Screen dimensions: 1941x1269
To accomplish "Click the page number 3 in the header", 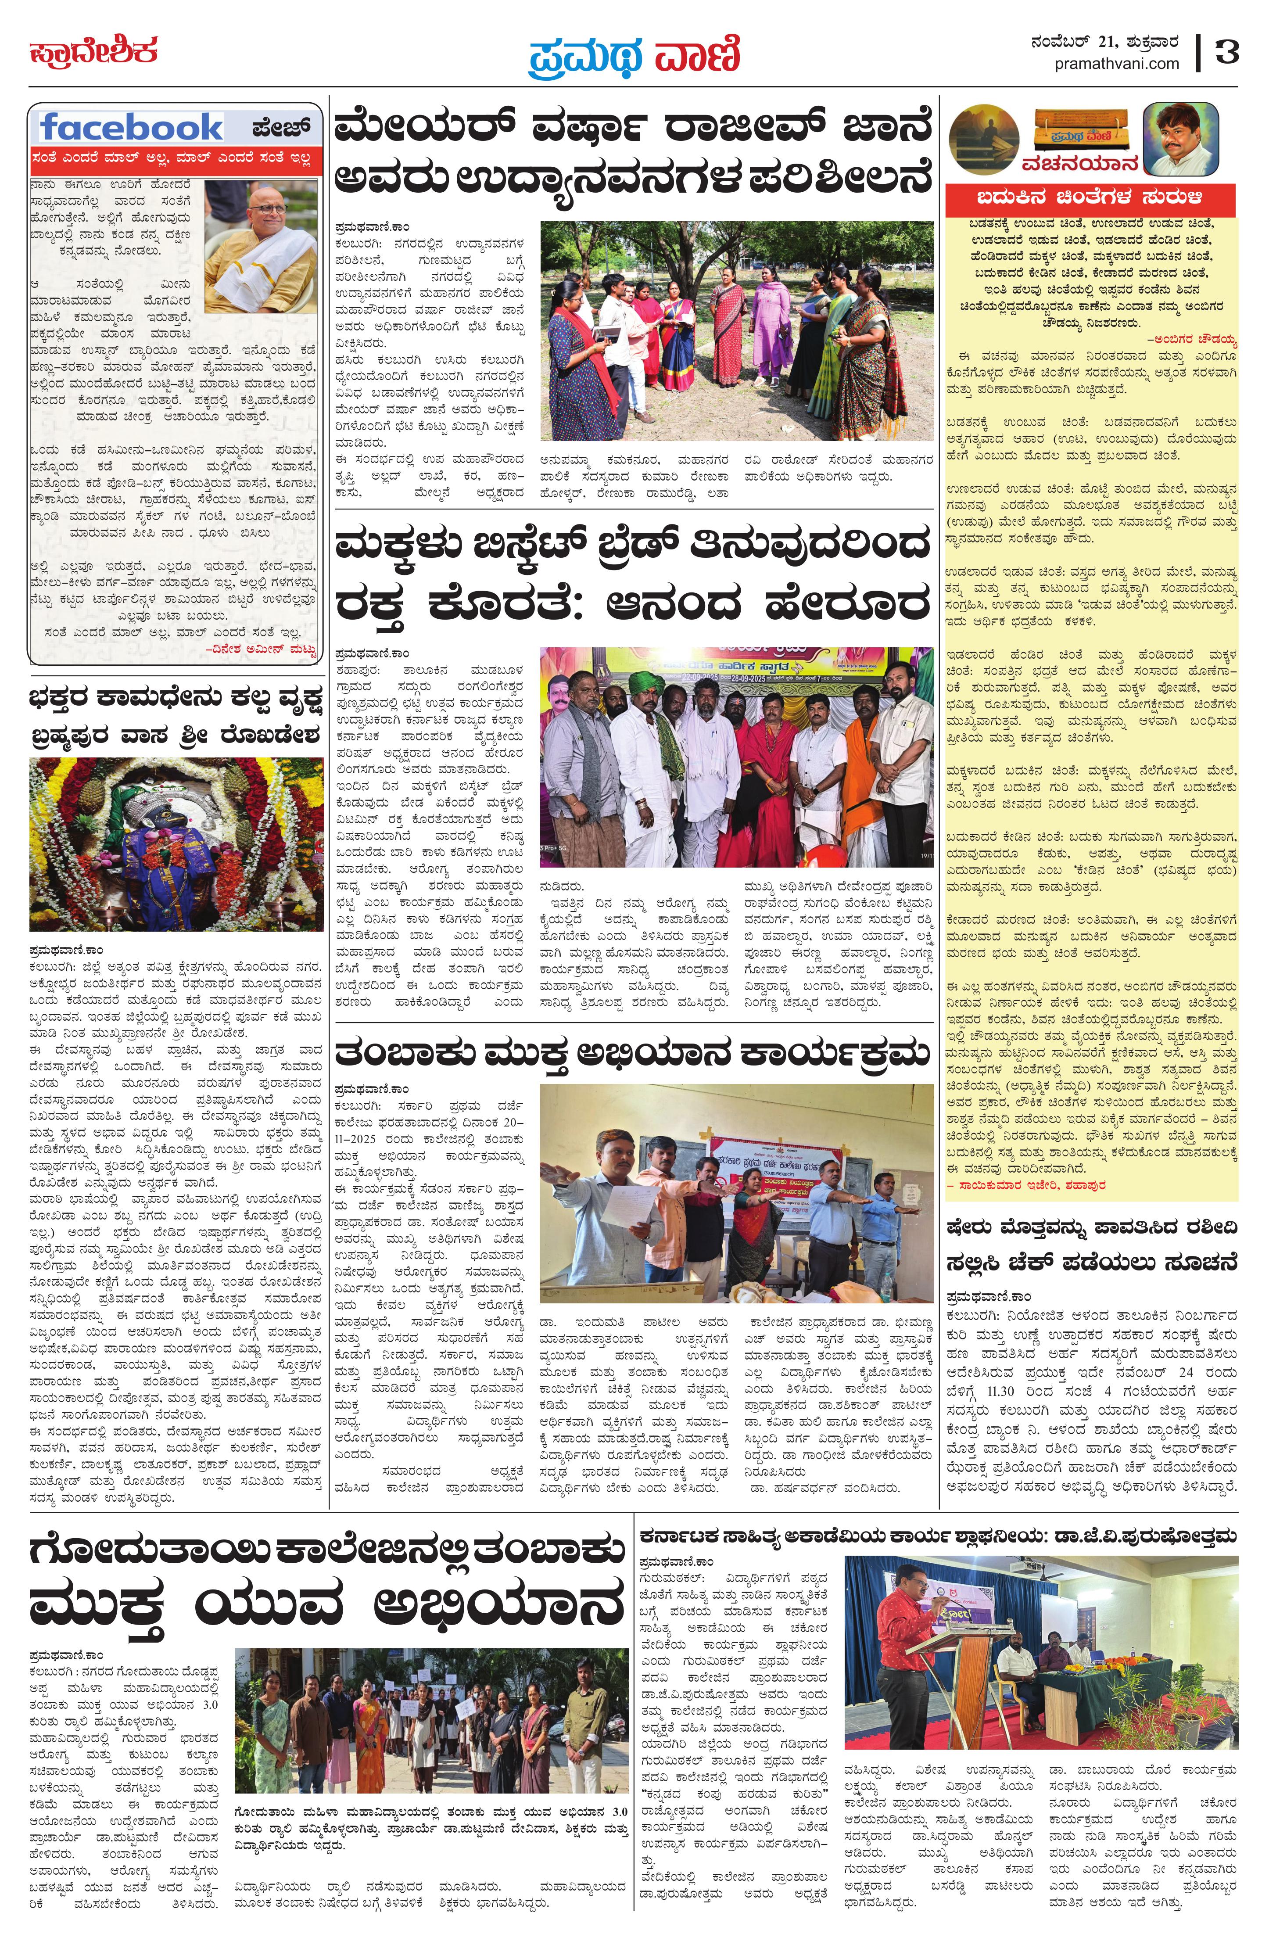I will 1226,52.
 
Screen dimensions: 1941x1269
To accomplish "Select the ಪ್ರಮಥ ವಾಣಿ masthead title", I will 634,55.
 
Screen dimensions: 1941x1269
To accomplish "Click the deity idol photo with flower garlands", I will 176,844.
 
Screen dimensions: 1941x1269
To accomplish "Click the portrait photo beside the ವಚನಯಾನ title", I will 1180,139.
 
